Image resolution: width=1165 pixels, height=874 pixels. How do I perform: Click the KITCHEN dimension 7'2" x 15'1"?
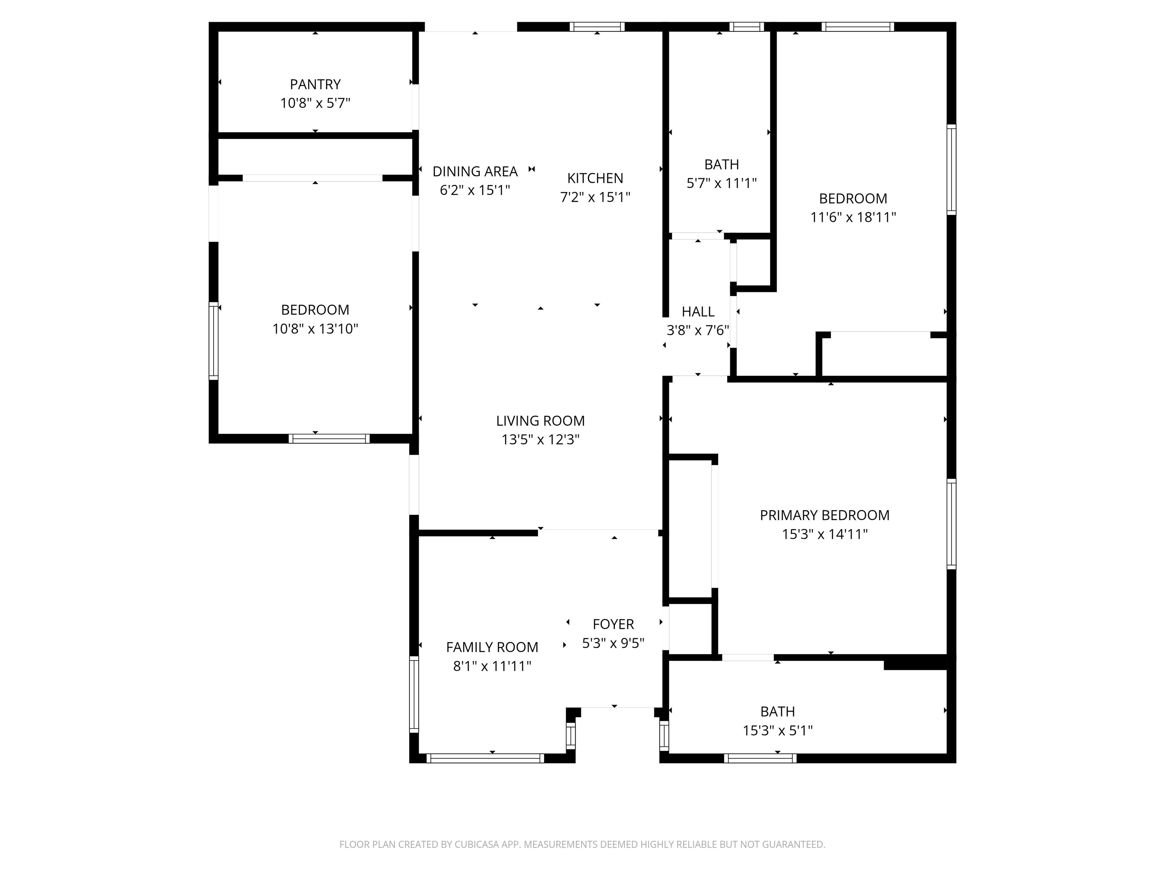click(595, 197)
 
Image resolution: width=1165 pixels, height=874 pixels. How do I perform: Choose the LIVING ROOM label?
click(540, 420)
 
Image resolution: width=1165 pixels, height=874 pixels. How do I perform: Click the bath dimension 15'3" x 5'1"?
click(777, 731)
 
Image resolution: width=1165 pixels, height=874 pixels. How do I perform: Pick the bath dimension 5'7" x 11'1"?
click(722, 183)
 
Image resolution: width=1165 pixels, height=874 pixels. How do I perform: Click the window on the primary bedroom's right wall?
click(951, 524)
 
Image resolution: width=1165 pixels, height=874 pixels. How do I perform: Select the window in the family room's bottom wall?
click(485, 758)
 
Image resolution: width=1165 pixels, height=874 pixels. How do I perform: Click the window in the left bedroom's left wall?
click(213, 341)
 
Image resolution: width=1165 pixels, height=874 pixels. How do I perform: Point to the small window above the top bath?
click(746, 27)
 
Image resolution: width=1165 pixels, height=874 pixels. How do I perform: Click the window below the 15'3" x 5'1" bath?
click(760, 758)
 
